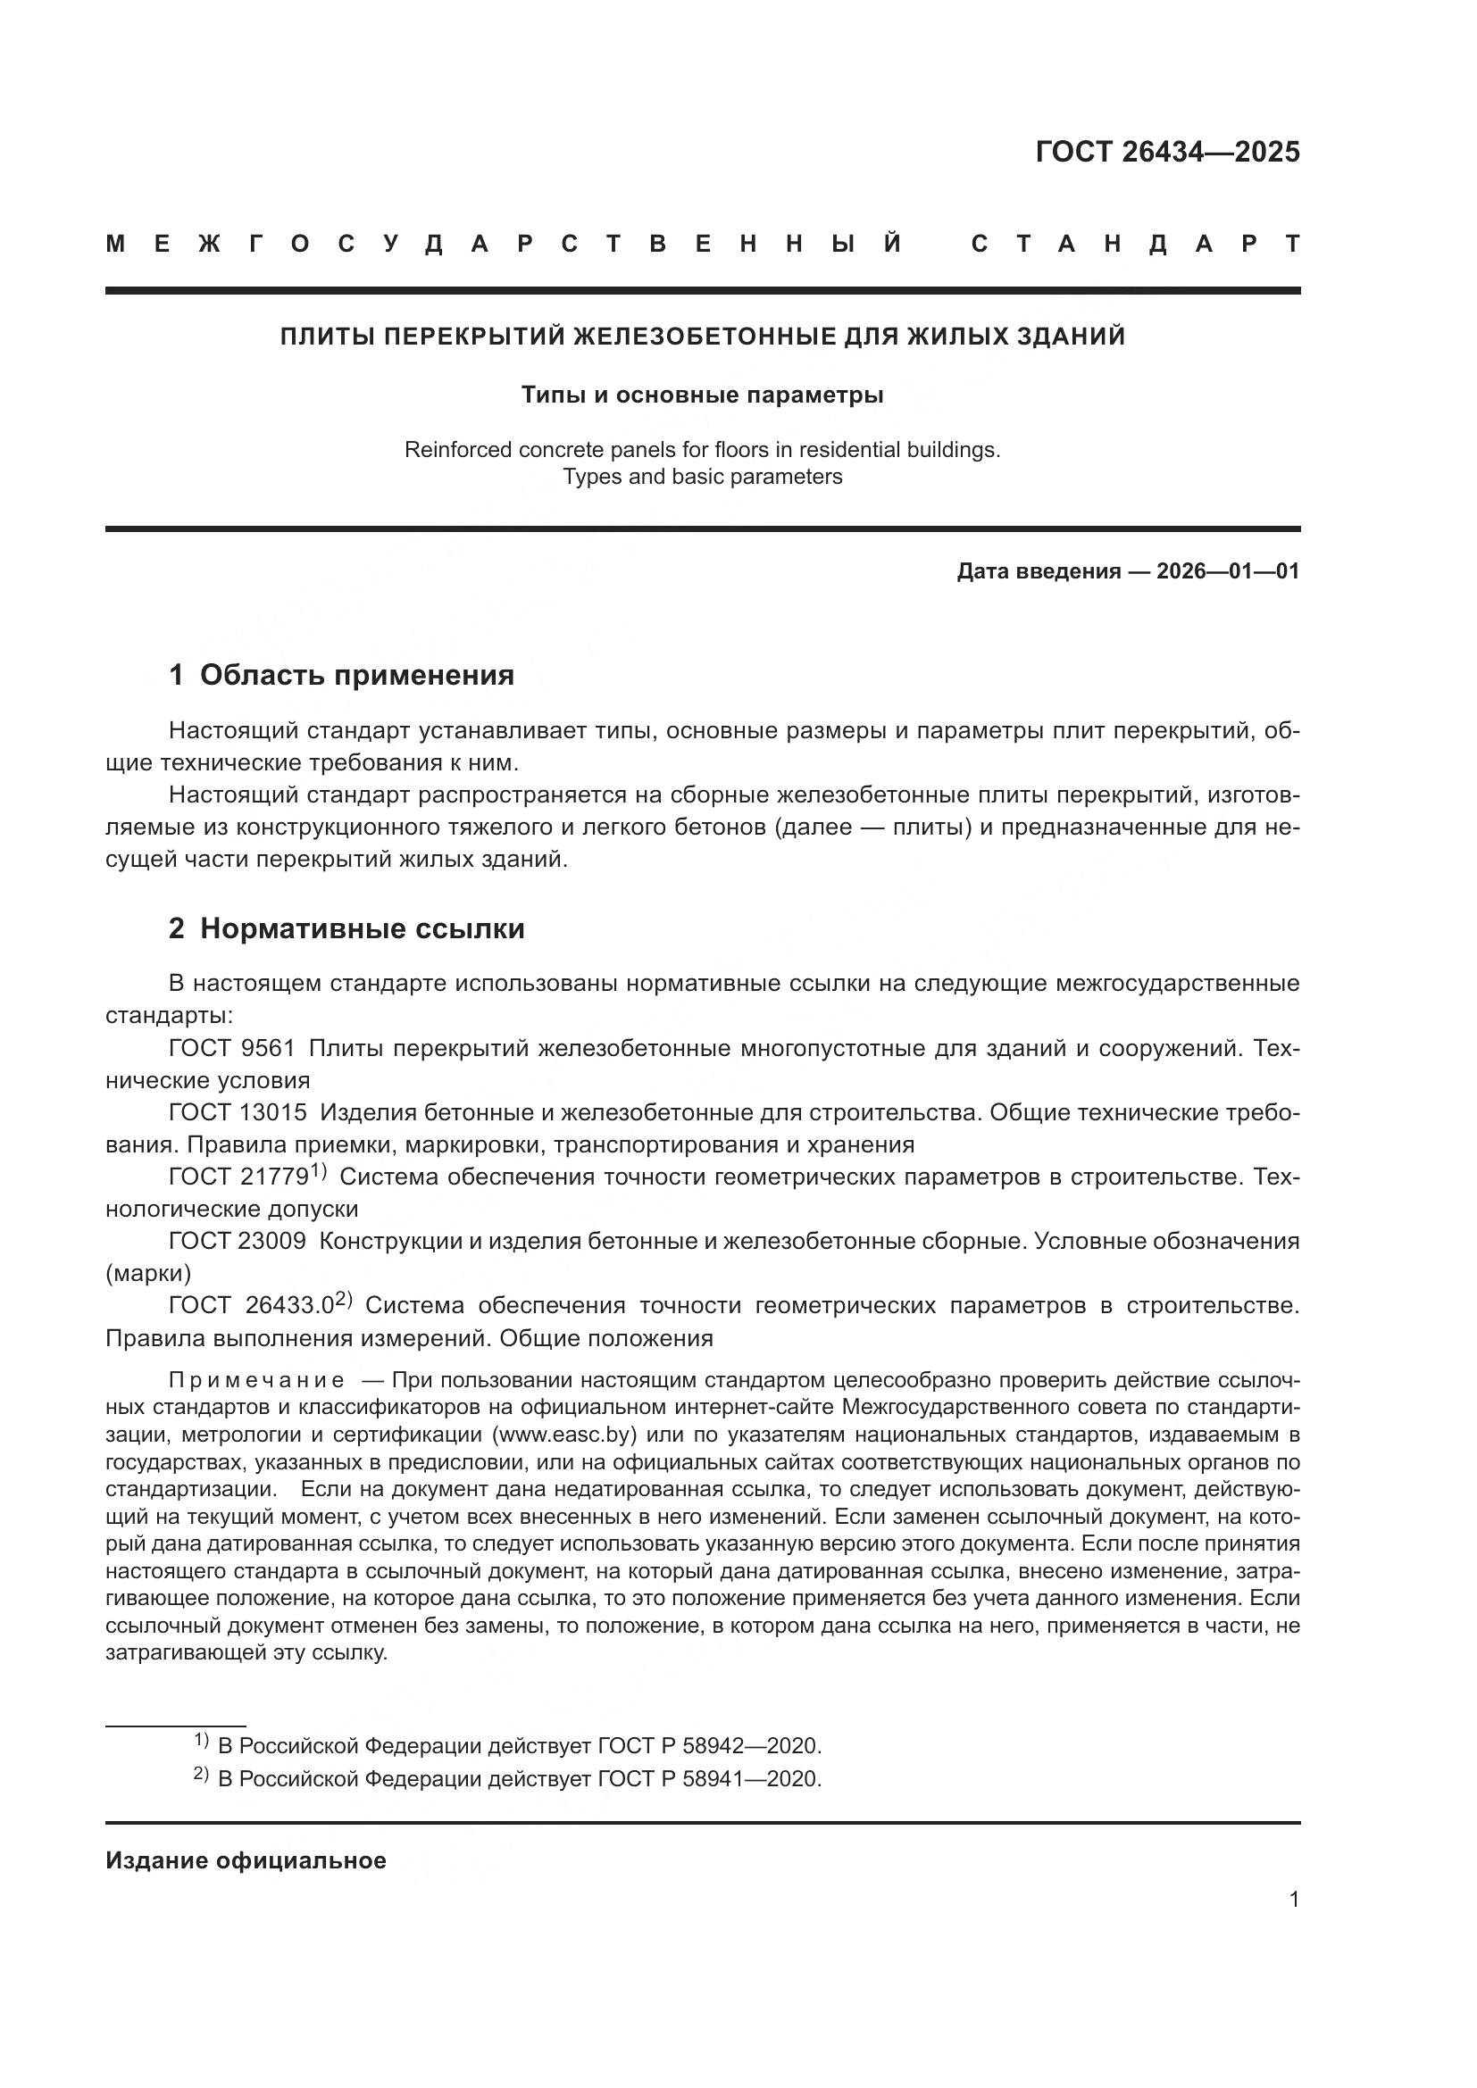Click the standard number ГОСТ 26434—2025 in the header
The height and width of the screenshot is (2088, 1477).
coord(1167,152)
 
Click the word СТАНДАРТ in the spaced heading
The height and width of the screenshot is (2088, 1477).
coord(1135,245)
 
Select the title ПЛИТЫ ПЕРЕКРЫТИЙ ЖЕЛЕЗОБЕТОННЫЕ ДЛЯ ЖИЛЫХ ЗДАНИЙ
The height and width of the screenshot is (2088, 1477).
coord(702,337)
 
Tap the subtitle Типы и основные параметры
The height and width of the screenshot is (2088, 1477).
coord(702,395)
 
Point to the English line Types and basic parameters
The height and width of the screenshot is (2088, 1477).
coord(702,477)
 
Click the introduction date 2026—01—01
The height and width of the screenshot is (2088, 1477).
coord(1228,571)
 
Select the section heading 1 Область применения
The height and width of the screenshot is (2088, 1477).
coord(341,675)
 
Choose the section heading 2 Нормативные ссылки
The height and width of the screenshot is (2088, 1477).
coord(346,928)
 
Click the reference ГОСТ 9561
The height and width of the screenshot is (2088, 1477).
coord(232,1049)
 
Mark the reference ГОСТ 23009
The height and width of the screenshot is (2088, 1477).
coord(238,1241)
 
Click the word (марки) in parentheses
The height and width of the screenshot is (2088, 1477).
coord(148,1273)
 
